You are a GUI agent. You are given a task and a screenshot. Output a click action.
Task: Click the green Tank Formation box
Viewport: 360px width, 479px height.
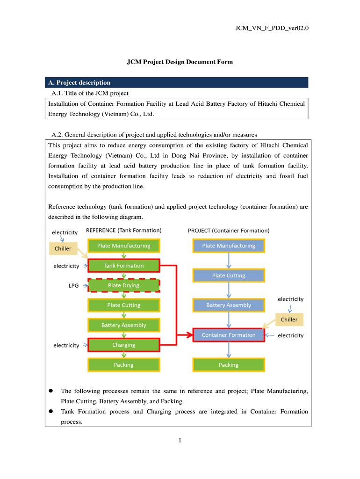[124, 266]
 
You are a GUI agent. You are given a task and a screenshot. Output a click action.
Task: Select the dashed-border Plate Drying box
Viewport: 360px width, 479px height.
[124, 285]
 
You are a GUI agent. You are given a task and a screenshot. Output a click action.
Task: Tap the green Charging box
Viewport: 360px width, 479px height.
[124, 345]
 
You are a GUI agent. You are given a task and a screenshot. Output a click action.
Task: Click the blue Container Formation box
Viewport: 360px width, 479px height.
[229, 335]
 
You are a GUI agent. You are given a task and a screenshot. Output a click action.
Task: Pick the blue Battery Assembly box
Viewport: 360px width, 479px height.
[229, 305]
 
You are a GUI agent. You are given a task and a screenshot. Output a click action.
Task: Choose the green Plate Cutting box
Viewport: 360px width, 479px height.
[124, 305]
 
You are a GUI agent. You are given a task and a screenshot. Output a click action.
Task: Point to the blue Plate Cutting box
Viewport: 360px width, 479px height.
[229, 276]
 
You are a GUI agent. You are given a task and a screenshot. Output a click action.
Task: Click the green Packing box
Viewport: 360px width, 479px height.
[124, 365]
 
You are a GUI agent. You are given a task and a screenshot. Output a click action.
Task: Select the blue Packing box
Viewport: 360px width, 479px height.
[229, 365]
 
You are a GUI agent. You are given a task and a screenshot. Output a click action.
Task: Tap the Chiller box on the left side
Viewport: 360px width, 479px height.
[63, 248]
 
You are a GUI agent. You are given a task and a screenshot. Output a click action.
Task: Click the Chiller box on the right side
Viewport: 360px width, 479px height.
[289, 320]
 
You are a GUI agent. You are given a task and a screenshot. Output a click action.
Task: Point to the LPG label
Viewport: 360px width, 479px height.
[74, 285]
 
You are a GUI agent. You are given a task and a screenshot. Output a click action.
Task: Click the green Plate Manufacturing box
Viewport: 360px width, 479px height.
[124, 246]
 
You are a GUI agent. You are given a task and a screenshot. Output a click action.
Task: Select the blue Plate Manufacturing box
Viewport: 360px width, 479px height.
[229, 246]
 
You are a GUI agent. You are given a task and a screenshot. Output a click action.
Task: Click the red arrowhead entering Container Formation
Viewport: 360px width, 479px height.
[189, 335]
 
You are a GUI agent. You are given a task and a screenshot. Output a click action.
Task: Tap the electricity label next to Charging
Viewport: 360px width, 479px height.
[66, 345]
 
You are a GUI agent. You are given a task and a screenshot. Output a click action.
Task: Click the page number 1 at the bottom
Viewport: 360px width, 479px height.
[180, 440]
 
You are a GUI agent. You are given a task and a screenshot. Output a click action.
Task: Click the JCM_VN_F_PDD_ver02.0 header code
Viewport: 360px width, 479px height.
[272, 28]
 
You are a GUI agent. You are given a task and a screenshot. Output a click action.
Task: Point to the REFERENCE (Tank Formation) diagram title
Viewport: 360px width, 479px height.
[124, 231]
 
